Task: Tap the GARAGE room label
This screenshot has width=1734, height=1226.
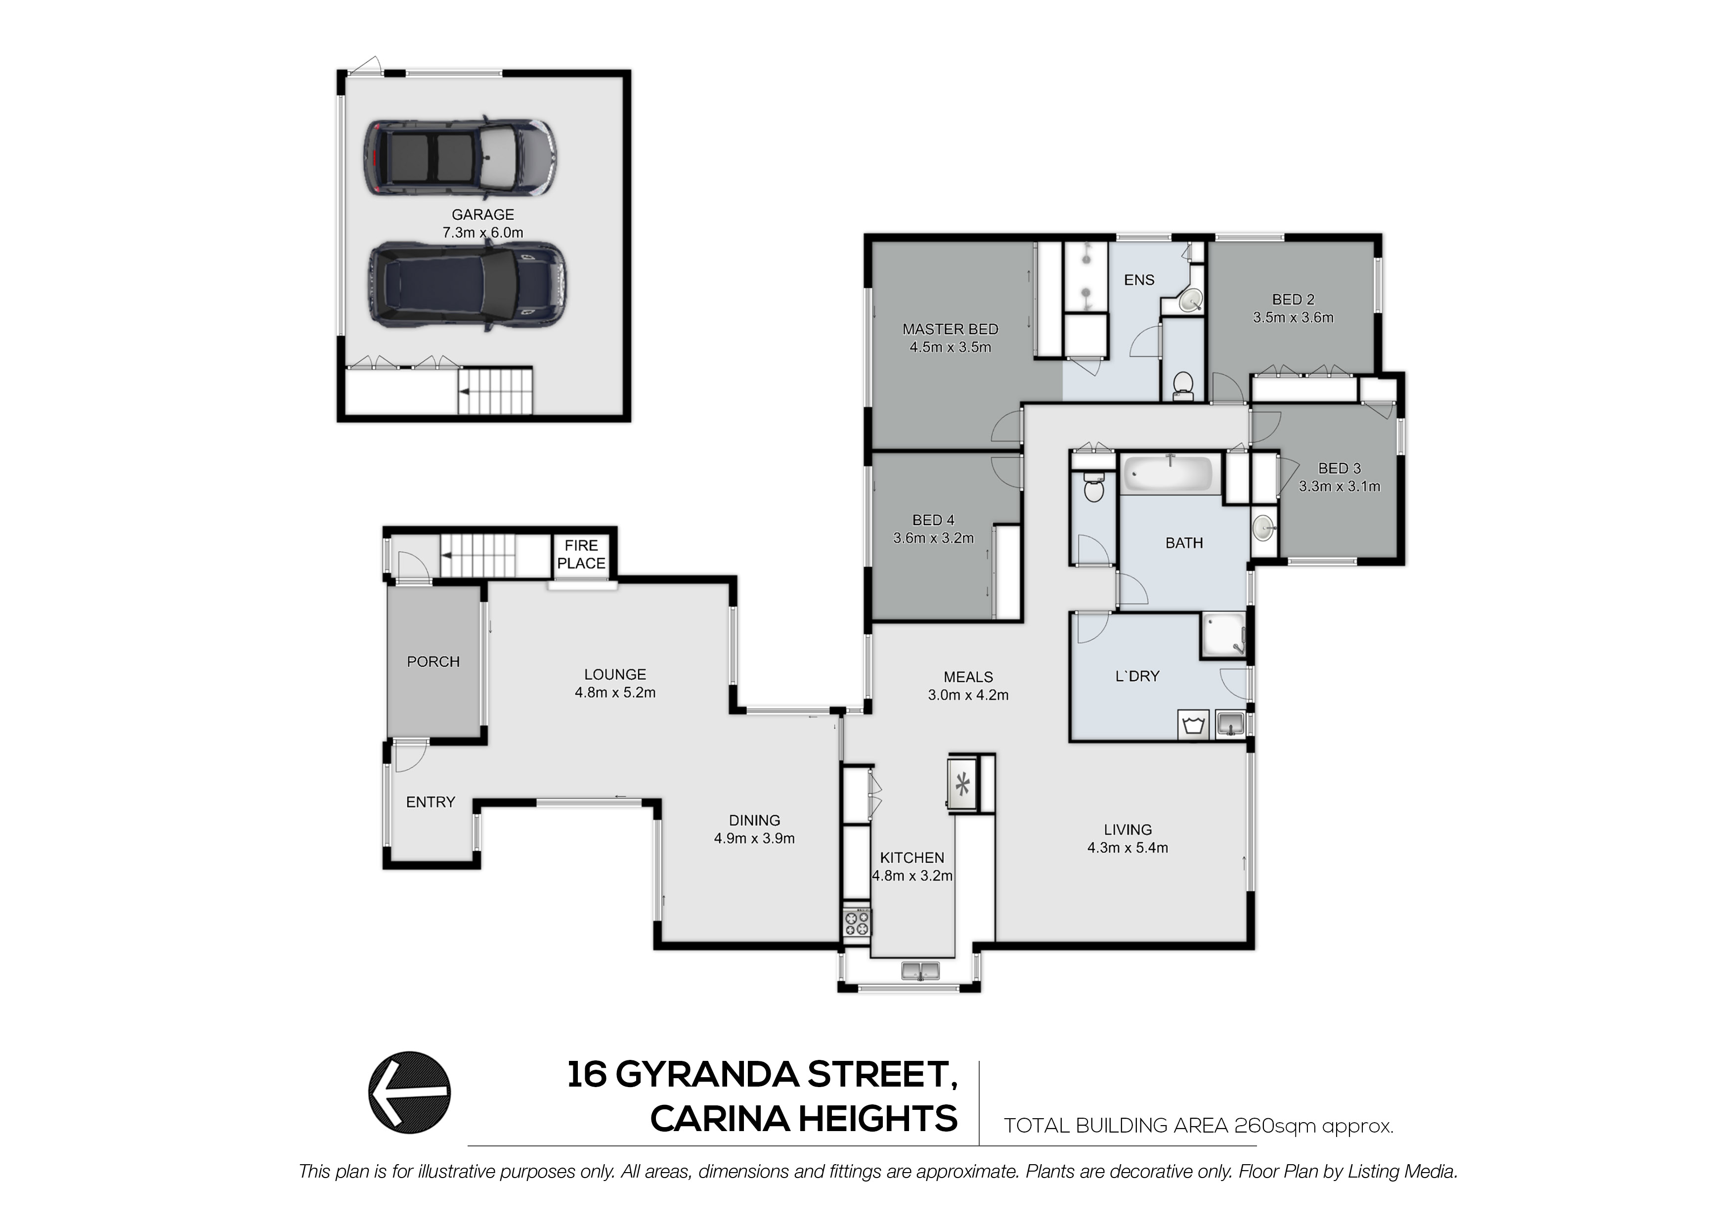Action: pyautogui.click(x=482, y=215)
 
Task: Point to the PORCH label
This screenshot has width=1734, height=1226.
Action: pyautogui.click(x=433, y=662)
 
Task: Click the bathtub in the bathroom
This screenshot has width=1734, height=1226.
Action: pyautogui.click(x=1170, y=474)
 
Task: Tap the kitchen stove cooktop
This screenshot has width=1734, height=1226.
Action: pyautogui.click(x=857, y=922)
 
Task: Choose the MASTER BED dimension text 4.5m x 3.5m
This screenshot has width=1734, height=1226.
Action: pyautogui.click(x=950, y=348)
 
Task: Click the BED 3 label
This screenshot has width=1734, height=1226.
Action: pyautogui.click(x=1339, y=468)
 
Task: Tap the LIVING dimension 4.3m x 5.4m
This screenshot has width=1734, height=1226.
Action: pyautogui.click(x=1127, y=847)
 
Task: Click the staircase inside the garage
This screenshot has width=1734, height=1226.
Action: pyautogui.click(x=495, y=391)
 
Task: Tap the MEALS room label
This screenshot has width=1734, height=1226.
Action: pyautogui.click(x=968, y=677)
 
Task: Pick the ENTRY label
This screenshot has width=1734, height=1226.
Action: pyautogui.click(x=431, y=802)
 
